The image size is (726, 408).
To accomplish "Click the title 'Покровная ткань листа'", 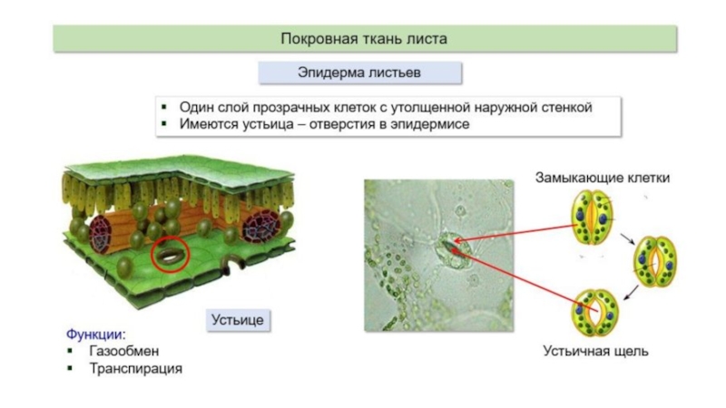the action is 364,38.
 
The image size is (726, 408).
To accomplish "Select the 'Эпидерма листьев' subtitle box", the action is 359,73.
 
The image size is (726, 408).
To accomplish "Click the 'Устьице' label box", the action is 238,320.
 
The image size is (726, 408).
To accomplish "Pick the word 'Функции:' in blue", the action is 96,335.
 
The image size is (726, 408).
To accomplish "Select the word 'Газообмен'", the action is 124,351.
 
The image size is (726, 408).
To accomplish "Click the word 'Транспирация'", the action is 135,369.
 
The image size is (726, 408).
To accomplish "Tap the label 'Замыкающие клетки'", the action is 603,178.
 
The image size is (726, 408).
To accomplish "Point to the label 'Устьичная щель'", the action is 595,351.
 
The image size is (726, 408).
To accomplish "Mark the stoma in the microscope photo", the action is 451,250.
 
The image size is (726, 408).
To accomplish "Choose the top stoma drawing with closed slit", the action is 593,217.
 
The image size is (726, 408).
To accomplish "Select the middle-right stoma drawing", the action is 654,261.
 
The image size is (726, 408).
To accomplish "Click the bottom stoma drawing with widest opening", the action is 594,313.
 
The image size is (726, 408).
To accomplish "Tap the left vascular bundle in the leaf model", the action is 100,234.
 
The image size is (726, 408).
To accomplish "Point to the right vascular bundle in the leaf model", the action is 262,226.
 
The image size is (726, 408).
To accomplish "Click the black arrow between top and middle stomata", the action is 627,238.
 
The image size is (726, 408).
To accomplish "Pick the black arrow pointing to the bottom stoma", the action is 631,293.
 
